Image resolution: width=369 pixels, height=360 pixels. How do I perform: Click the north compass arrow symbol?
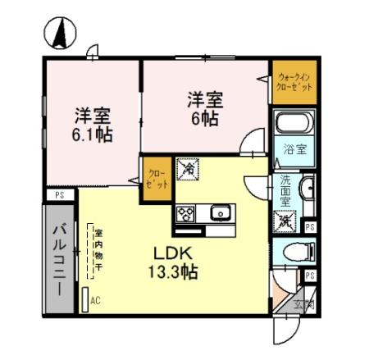click(59, 34)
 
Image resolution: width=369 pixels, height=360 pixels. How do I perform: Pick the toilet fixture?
click(294, 252)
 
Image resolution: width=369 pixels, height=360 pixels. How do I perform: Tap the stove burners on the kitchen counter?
click(186, 213)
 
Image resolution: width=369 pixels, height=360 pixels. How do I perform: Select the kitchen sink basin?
click(221, 214)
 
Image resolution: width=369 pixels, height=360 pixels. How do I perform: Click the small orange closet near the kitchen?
click(156, 180)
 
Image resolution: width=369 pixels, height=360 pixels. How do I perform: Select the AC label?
click(96, 301)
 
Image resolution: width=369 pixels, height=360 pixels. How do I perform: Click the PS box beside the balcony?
click(59, 195)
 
